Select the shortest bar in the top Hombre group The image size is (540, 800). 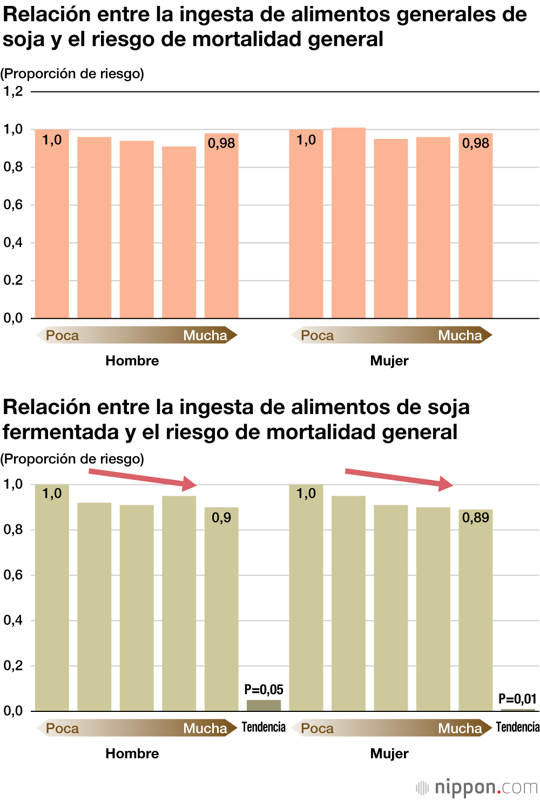click(179, 232)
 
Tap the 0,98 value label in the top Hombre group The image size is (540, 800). click(221, 143)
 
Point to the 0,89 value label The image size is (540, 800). click(476, 518)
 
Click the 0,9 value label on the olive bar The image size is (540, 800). click(221, 518)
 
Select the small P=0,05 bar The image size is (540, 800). click(264, 705)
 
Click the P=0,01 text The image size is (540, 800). click(517, 699)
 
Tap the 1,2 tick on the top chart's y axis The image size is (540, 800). click(13, 91)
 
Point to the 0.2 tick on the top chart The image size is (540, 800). click(13, 281)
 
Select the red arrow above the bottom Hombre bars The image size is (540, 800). click(143, 478)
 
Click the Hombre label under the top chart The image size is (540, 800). click(132, 361)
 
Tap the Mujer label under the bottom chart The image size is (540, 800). click(389, 754)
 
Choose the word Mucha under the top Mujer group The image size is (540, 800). click(460, 336)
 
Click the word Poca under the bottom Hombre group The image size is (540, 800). click(63, 729)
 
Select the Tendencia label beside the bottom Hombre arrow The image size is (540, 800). click(264, 727)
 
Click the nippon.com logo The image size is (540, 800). click(477, 787)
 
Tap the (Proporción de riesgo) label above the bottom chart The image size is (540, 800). click(72, 459)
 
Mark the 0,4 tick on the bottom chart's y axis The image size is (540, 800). click(13, 621)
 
